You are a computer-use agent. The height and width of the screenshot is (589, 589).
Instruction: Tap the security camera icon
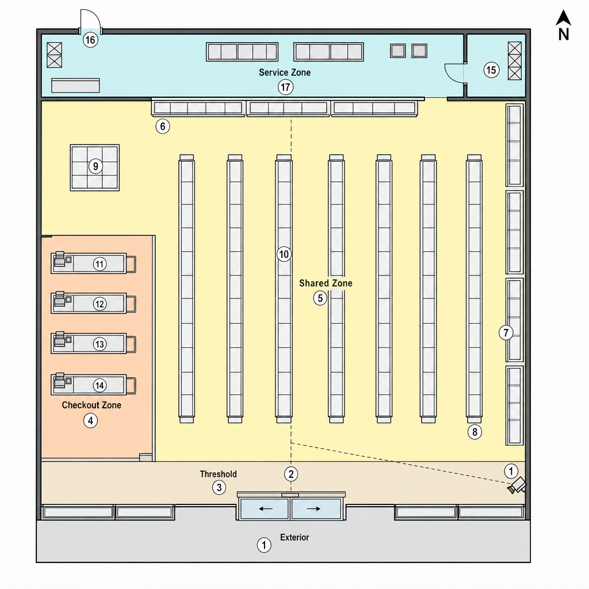[x=517, y=485]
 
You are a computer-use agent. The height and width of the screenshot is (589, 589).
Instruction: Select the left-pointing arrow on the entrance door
[x=266, y=508]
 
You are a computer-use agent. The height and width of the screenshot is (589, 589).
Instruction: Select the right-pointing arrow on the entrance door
[x=313, y=508]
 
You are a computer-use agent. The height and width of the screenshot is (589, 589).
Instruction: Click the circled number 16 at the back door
[x=90, y=40]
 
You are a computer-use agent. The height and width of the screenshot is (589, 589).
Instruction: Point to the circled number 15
[x=491, y=70]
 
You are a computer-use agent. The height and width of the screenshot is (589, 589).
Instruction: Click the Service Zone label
[x=285, y=72]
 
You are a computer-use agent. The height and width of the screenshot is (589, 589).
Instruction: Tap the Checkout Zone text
[x=91, y=405]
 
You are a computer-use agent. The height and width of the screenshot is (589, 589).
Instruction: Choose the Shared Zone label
[x=326, y=283]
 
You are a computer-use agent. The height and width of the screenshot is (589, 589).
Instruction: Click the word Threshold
[x=218, y=474]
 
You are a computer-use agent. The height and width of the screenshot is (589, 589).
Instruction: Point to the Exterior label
[x=294, y=537]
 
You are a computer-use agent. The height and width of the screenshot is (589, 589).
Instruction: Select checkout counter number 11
[x=93, y=263]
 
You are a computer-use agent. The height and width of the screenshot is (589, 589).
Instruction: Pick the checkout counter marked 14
[x=93, y=385]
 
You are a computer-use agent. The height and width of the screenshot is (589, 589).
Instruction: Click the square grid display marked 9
[x=95, y=167]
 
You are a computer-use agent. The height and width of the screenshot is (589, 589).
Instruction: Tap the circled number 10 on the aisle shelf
[x=284, y=254]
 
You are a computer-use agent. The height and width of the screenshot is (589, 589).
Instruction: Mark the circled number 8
[x=475, y=432]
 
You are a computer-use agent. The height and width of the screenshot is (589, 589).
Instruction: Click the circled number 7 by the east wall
[x=506, y=332]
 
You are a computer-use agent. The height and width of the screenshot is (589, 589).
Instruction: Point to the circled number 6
[x=163, y=126]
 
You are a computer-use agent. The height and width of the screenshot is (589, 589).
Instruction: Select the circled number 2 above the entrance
[x=291, y=474]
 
